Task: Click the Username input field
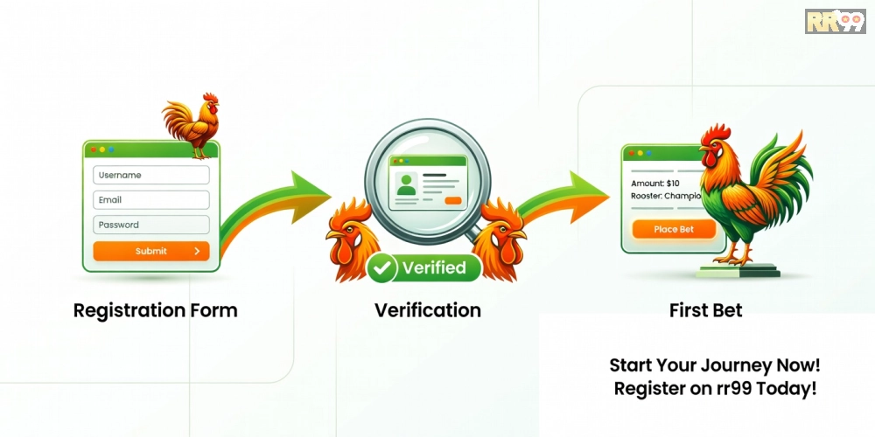151,175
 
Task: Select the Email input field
151,200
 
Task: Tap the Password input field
151,225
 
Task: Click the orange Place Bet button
674,229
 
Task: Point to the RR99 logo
836,21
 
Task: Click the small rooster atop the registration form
192,125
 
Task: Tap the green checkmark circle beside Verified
382,268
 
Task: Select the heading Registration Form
155,310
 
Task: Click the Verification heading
428,310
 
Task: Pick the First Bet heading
706,310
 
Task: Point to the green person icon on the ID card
406,184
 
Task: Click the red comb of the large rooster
716,134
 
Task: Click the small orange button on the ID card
453,201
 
